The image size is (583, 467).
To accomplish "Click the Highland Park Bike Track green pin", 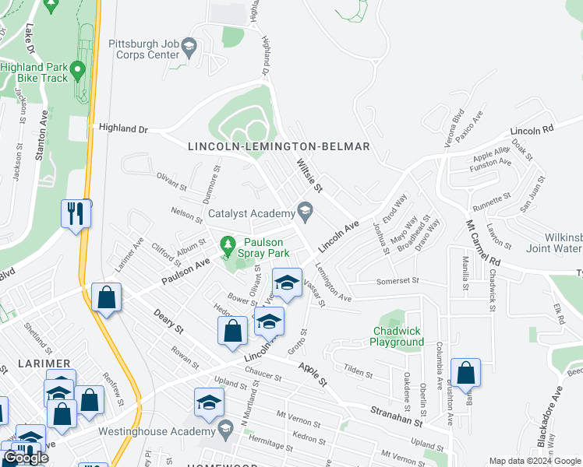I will pos(77,72).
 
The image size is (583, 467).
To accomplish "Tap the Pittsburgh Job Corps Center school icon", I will pos(189,51).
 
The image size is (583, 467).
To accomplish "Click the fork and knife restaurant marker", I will pos(76,213).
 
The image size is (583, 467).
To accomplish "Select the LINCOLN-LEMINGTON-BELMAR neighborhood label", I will pos(278,146).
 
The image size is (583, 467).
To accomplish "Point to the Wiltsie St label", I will pos(309,176).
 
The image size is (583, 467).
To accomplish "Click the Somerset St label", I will pos(397,281).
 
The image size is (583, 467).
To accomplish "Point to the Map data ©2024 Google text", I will pos(534,461).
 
